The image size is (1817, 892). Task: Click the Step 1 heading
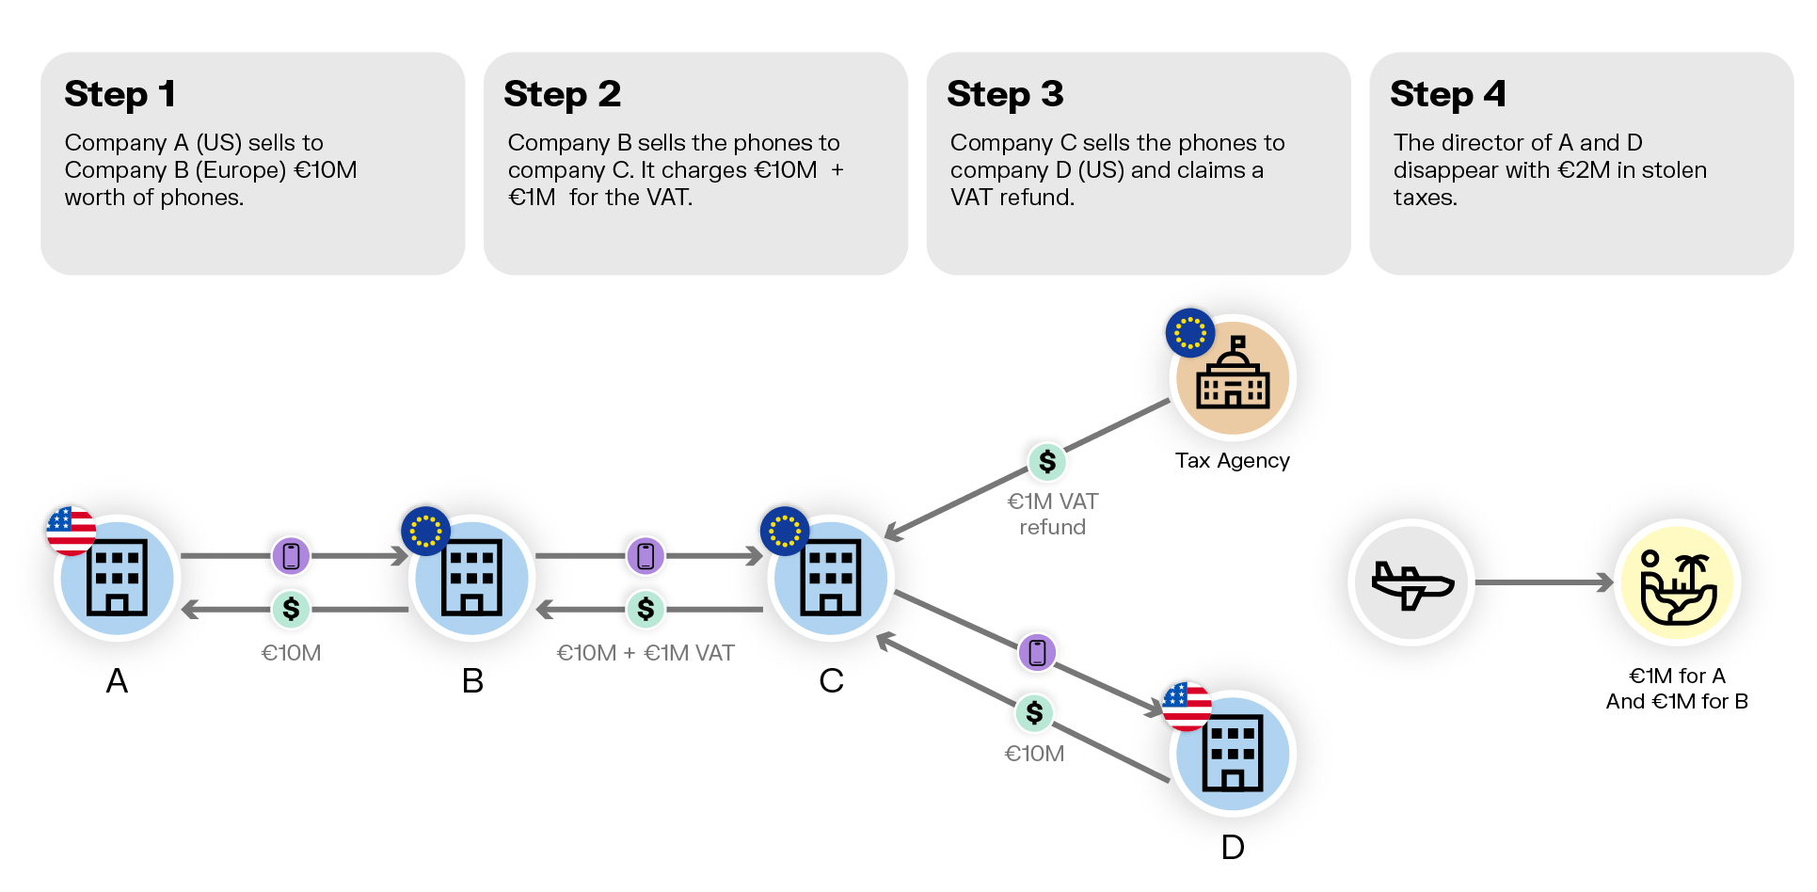click(120, 94)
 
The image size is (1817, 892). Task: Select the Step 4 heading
click(1447, 94)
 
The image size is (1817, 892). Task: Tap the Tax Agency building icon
click(1233, 376)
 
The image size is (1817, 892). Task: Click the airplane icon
click(1411, 583)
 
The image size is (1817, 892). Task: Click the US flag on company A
click(72, 530)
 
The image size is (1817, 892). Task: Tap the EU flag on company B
click(425, 531)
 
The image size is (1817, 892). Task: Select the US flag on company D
click(1187, 707)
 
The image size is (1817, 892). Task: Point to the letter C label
click(831, 680)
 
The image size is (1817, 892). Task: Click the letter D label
click(1233, 847)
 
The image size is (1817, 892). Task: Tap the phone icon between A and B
click(291, 556)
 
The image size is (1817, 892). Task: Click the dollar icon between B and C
click(646, 609)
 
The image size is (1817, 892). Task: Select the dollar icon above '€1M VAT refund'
click(1047, 461)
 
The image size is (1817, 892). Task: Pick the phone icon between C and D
click(1037, 652)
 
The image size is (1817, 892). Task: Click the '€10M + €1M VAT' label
click(646, 653)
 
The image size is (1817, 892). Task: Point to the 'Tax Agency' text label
click(1233, 461)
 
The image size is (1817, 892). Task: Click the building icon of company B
click(471, 578)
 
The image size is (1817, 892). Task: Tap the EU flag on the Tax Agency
click(1190, 332)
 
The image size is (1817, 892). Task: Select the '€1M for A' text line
click(1677, 676)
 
